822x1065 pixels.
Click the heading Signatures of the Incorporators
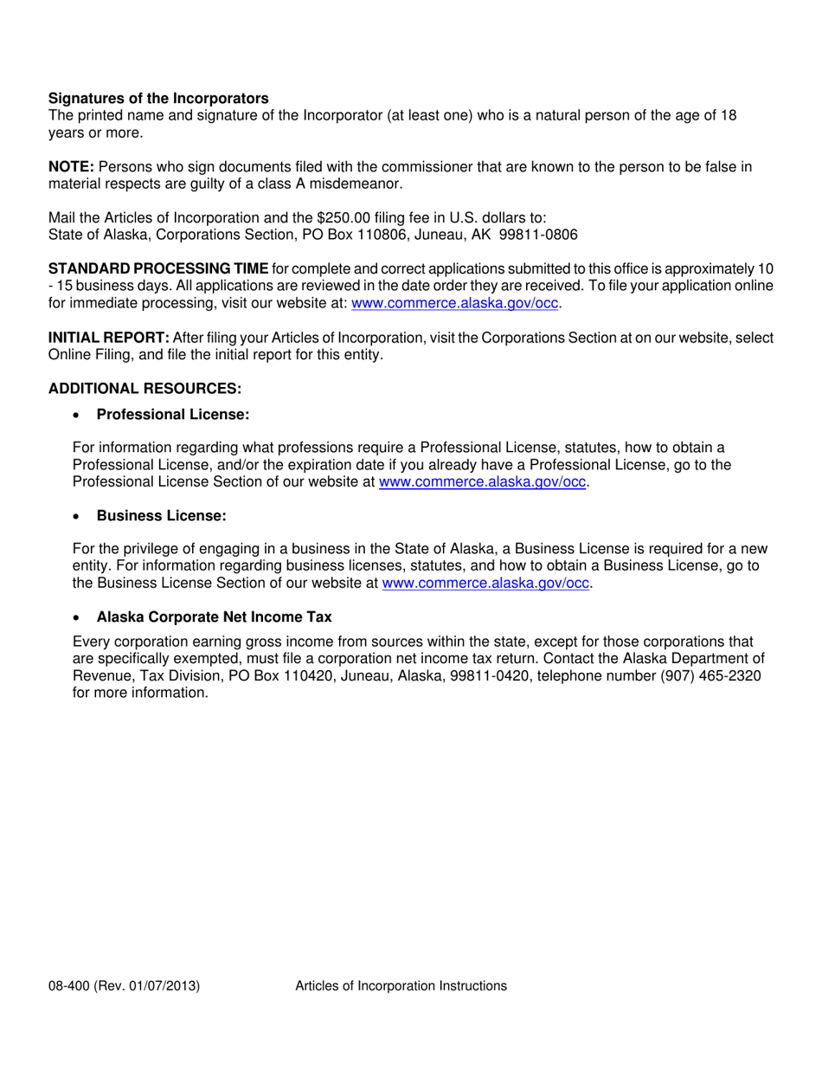tap(158, 99)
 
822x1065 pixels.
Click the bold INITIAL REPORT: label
tap(109, 338)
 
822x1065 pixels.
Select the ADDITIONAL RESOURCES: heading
tap(144, 389)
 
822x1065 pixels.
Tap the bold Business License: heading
tap(161, 516)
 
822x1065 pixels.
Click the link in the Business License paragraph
tap(485, 584)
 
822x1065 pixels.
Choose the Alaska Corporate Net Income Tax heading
tap(214, 617)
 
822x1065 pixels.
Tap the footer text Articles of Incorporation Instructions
tap(401, 985)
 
